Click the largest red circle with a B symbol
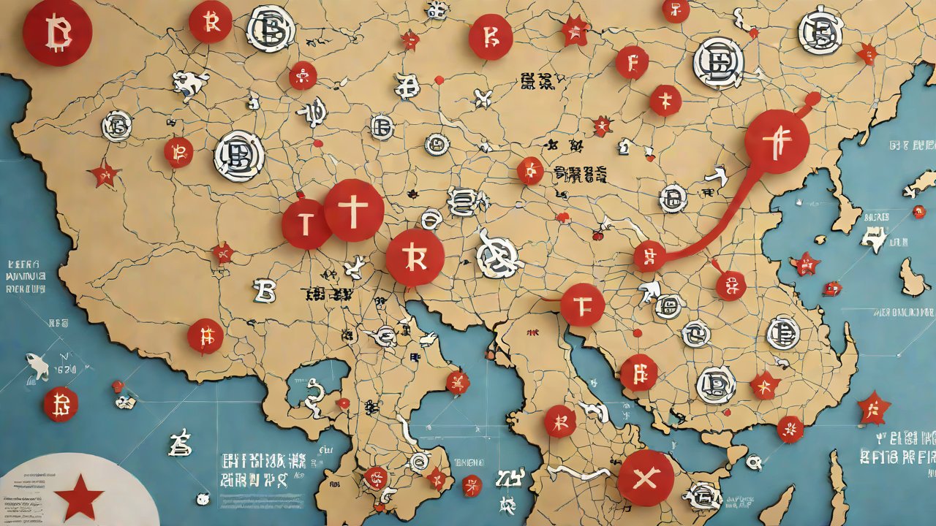(x=57, y=31)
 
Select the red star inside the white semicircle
(x=78, y=496)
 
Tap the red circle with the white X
(x=645, y=478)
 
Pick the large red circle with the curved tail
(x=777, y=142)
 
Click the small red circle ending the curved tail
(x=649, y=256)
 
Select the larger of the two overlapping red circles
(x=354, y=210)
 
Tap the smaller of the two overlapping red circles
(x=306, y=224)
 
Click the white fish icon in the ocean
(x=37, y=365)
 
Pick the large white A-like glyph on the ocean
(x=179, y=442)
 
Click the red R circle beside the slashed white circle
(x=415, y=257)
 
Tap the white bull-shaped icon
(x=190, y=83)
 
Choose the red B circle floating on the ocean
(x=60, y=404)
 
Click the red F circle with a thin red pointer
(x=582, y=304)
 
